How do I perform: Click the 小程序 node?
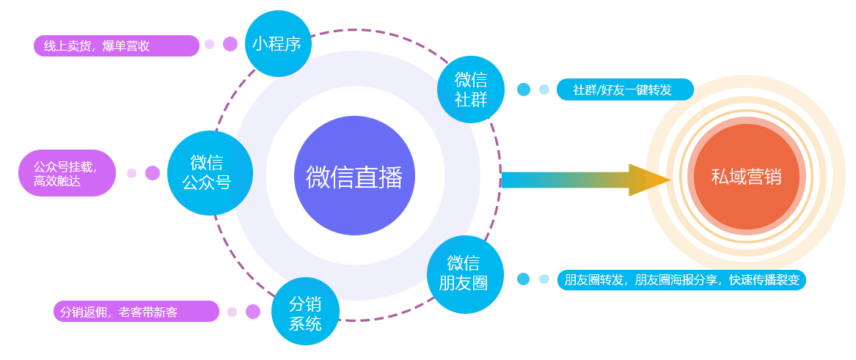point(277,43)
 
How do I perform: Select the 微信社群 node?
point(471,89)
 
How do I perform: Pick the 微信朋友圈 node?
point(464,273)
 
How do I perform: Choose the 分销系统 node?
point(305,313)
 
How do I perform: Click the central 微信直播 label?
point(354,177)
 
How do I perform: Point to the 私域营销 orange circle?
point(746,177)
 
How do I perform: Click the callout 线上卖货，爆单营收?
point(97,45)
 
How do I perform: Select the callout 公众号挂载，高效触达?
point(65,173)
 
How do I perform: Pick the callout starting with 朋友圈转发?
point(681,280)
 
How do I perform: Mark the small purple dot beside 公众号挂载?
point(132,174)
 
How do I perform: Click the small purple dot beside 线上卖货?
point(210,45)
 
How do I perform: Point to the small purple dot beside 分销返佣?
point(233,312)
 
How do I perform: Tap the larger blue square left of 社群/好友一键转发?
point(524,89)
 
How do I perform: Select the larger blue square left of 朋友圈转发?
point(524,279)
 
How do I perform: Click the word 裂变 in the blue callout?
point(789,280)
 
